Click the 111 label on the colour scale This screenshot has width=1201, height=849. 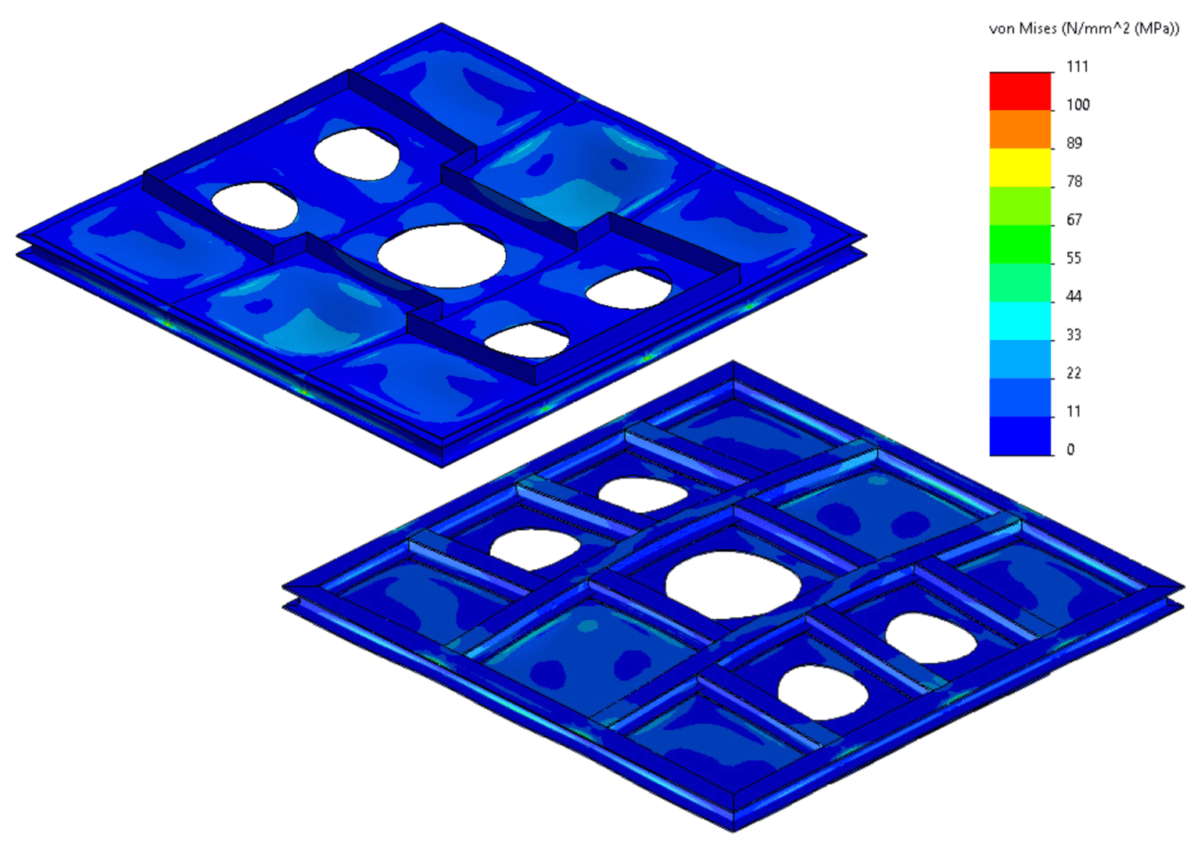click(1077, 66)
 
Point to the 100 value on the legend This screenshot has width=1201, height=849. click(1077, 105)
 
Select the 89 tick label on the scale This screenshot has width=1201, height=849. click(1074, 143)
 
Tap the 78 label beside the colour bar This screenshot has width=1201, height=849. click(1074, 181)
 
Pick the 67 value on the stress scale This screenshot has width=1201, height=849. click(1074, 220)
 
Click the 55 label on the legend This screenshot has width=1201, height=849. click(1074, 258)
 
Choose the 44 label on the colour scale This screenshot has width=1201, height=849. click(1074, 296)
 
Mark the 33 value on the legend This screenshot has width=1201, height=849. click(1074, 335)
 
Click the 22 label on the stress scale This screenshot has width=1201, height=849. click(1074, 373)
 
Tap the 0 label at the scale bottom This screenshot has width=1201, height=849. click(1070, 450)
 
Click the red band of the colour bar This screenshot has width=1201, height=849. click(1020, 91)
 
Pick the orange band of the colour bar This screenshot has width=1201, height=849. click(1020, 130)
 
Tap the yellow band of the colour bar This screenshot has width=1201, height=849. click(1020, 167)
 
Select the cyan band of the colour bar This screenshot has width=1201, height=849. click(1020, 321)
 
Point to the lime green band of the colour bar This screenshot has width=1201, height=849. click(1020, 206)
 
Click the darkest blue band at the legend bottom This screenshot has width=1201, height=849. click(1020, 436)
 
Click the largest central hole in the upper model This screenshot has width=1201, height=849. click(441, 255)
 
